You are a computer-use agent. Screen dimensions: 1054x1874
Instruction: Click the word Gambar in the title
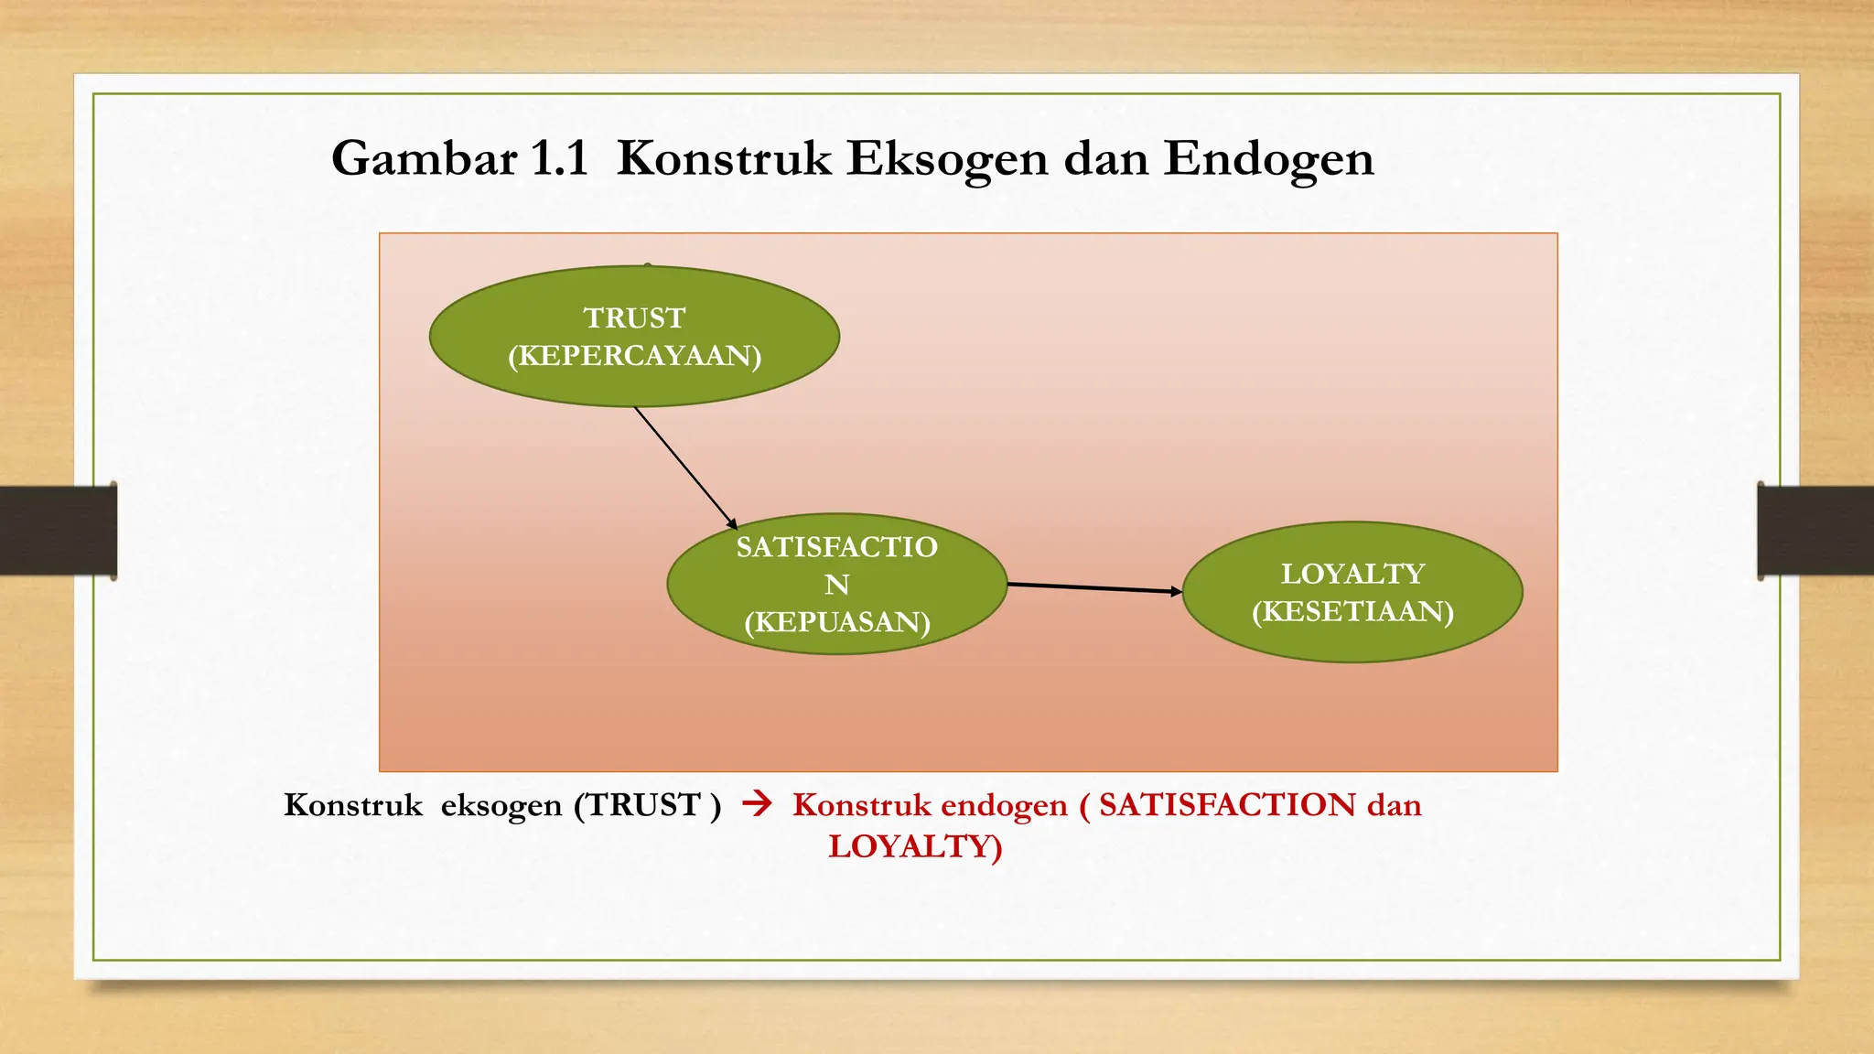(424, 159)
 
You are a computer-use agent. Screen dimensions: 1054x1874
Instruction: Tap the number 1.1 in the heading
(559, 159)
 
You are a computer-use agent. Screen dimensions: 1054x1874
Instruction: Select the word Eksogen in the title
(946, 159)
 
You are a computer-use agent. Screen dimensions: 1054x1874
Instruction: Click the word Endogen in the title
(1268, 159)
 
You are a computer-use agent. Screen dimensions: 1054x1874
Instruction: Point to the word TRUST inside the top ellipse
(634, 317)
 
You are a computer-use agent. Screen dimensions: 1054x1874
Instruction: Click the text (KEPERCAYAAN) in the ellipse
(634, 356)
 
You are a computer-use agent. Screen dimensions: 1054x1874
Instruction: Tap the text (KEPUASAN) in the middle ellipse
(836, 622)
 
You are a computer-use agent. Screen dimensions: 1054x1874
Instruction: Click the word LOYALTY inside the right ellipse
(1352, 574)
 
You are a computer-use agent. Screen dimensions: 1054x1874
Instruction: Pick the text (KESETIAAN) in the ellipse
(1352, 611)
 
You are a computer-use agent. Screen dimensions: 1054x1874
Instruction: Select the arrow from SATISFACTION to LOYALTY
(1093, 587)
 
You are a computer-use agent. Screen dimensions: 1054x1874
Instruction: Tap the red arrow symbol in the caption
(757, 804)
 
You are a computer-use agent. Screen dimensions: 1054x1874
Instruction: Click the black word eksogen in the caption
(501, 805)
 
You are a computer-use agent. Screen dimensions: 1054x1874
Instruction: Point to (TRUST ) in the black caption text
(648, 805)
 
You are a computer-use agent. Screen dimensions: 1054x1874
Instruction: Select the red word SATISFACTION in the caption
(1227, 805)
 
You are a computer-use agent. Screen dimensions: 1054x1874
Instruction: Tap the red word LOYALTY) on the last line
(915, 846)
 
